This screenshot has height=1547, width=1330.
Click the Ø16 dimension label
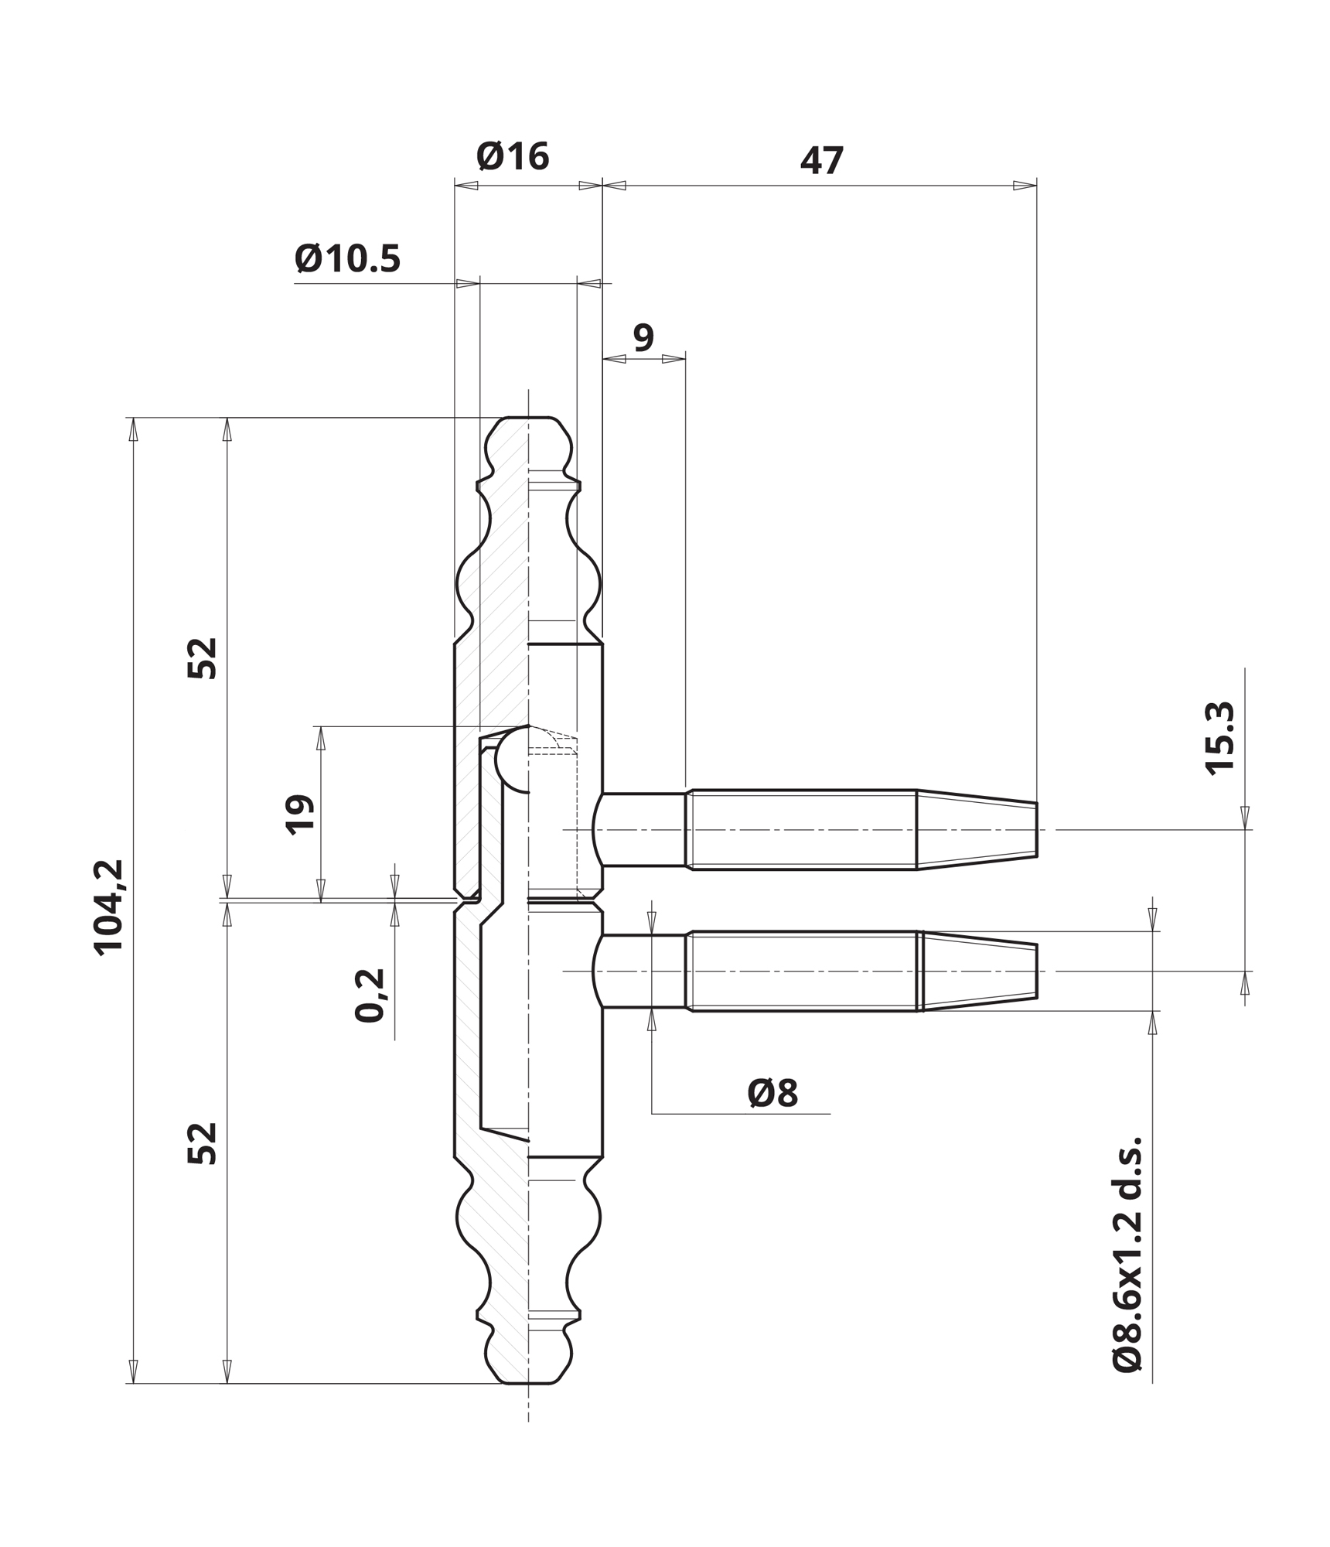513,156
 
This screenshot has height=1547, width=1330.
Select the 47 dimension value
821,161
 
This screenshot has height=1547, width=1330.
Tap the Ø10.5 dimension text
348,258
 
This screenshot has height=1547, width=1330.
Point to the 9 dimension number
643,337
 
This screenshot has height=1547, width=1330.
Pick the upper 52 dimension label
203,658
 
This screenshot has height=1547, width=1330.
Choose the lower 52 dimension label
203,1143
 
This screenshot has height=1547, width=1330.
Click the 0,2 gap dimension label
370,995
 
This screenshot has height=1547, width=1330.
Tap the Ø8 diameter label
772,1094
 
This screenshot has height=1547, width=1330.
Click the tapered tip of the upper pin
1036,829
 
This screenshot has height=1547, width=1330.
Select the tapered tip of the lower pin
1036,971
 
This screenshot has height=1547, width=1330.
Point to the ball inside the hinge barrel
512,761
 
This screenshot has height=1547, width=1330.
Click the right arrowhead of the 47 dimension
1025,186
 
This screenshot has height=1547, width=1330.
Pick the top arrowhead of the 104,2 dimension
133,429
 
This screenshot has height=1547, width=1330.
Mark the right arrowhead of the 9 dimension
674,359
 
